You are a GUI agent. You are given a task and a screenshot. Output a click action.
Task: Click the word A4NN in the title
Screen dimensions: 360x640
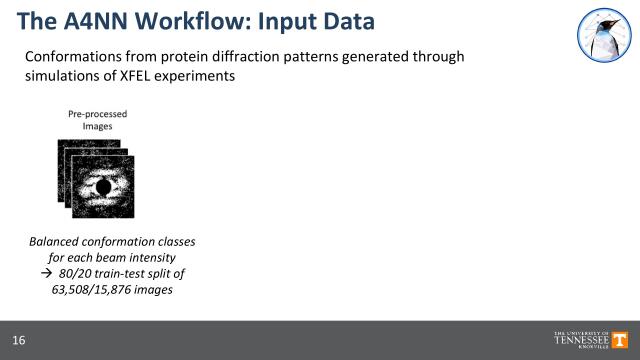pyautogui.click(x=92, y=19)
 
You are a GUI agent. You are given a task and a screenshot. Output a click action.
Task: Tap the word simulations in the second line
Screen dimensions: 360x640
pyautogui.click(x=63, y=76)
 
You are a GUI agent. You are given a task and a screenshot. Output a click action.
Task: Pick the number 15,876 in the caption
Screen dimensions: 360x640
pyautogui.click(x=122, y=287)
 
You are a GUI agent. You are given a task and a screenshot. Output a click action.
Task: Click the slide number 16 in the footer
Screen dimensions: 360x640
pyautogui.click(x=20, y=340)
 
